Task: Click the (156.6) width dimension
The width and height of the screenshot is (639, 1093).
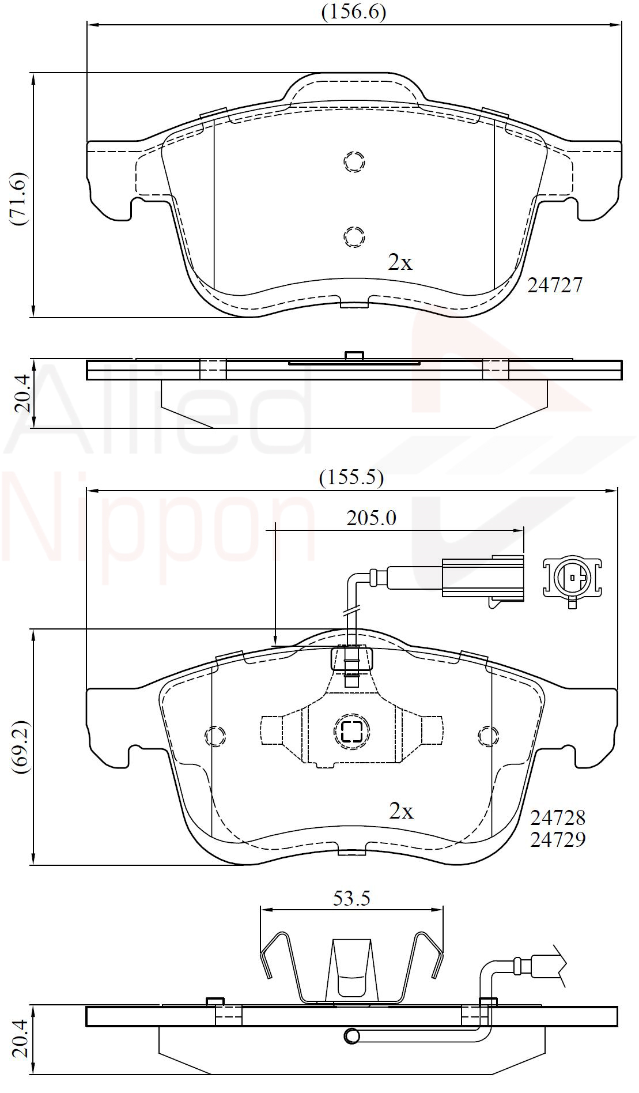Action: (353, 12)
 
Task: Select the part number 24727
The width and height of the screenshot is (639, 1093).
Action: (555, 285)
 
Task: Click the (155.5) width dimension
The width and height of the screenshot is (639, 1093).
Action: (351, 477)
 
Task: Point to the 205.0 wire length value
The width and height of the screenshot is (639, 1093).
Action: (371, 518)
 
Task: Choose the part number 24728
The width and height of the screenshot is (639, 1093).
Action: (557, 817)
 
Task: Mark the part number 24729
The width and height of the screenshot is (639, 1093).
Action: (557, 839)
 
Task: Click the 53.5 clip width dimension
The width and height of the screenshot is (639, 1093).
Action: (351, 898)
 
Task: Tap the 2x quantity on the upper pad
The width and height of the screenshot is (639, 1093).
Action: (400, 263)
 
